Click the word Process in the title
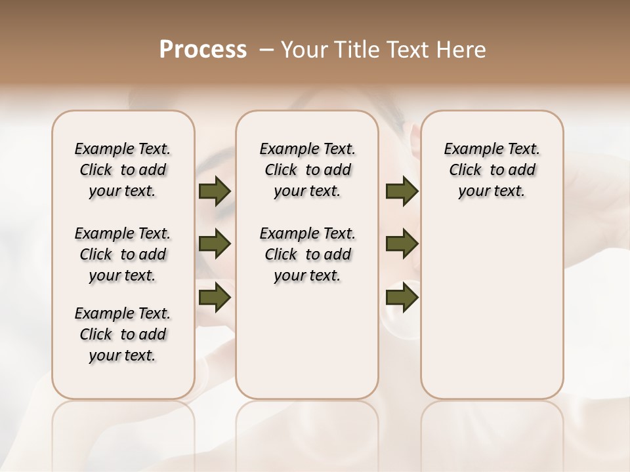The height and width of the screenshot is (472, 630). [x=203, y=49]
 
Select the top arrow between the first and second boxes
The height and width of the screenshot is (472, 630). [x=215, y=191]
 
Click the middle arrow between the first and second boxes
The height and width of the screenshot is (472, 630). [x=215, y=244]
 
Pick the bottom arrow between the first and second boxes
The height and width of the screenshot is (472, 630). [x=215, y=297]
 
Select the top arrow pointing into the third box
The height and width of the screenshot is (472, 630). [x=402, y=191]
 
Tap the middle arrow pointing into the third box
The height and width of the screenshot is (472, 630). [x=402, y=244]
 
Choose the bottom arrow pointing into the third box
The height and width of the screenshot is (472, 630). [x=402, y=297]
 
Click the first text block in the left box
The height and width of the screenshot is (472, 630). [x=123, y=170]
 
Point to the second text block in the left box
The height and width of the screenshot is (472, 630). [x=123, y=254]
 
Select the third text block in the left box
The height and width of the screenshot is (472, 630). [x=123, y=334]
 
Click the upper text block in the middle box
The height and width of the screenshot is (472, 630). [x=307, y=170]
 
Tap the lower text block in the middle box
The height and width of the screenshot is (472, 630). [x=307, y=254]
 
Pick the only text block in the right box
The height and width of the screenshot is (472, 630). [x=492, y=170]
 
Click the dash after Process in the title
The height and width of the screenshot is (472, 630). [x=266, y=50]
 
